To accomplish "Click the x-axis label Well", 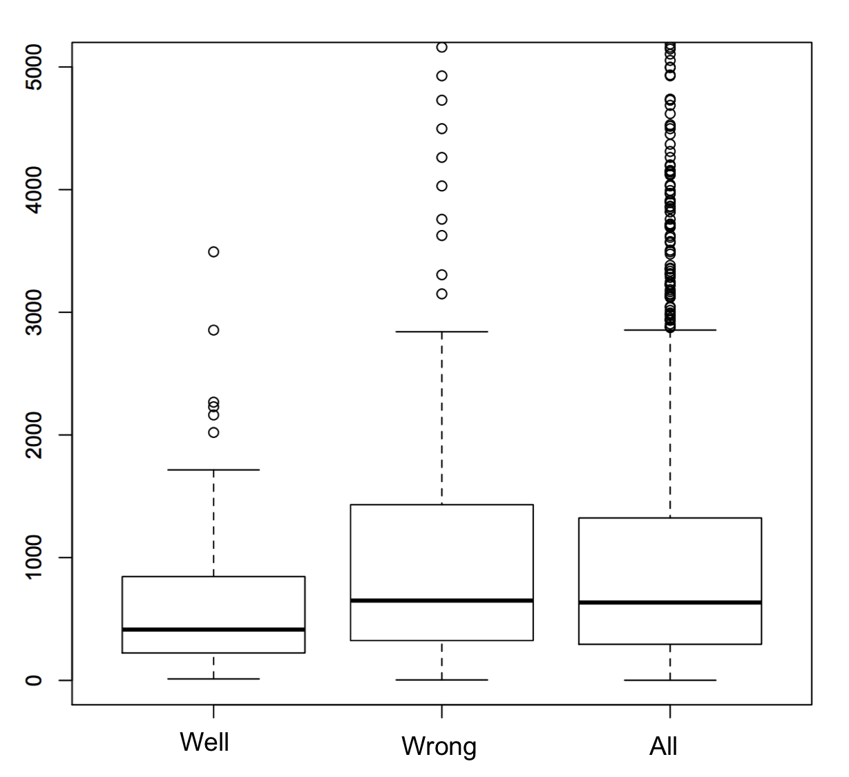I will pos(204,742).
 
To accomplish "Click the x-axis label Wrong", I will pos(439,747).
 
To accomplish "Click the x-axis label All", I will pos(663,747).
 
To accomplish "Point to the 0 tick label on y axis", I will pos(33,680).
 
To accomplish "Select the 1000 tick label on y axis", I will pos(33,557).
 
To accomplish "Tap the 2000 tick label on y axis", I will pos(33,435).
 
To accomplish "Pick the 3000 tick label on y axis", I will pos(33,312).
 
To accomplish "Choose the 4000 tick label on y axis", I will pos(33,189).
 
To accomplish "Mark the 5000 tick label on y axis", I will pos(33,67).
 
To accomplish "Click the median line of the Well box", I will pos(213,629).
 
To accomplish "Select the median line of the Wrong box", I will pos(441,600).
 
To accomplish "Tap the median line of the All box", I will pos(669,602).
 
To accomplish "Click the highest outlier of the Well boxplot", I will pos(213,251).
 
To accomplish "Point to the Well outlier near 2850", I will pos(213,330).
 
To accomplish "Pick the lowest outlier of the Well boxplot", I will pos(213,432).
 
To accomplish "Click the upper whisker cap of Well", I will pos(213,470).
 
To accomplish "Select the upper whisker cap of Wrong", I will pos(441,332).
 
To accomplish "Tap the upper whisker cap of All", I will pos(669,330).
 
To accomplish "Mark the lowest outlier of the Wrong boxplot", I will pos(441,294).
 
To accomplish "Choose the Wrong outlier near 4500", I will pos(441,128).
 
